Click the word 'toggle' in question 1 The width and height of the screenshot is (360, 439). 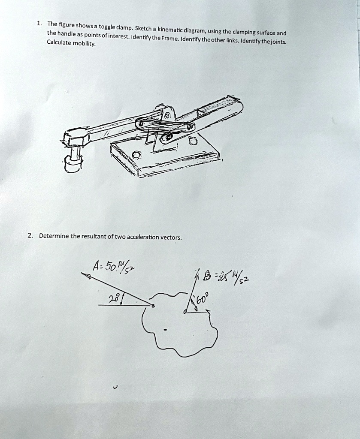(108, 27)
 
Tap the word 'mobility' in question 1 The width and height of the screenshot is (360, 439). (84, 44)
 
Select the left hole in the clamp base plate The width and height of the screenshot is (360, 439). (136, 154)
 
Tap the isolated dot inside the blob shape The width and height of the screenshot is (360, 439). (165, 330)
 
